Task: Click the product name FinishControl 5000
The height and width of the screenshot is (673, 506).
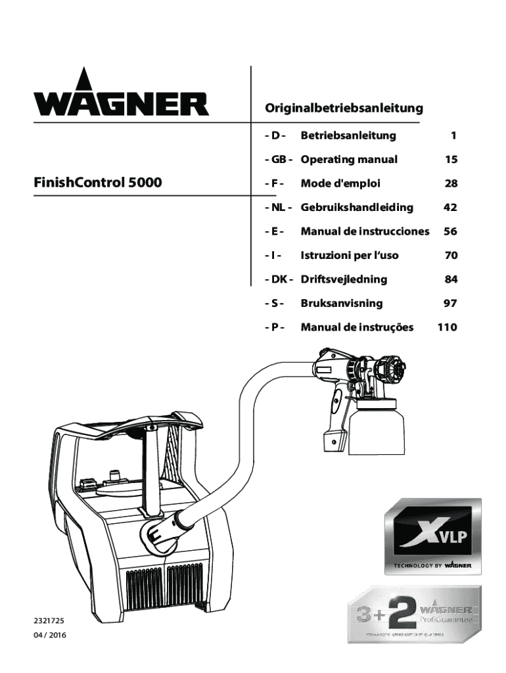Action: click(97, 183)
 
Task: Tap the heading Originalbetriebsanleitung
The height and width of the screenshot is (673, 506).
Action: click(343, 107)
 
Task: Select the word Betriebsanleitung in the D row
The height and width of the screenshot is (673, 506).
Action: click(348, 136)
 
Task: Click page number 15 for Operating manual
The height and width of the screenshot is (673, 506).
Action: click(451, 160)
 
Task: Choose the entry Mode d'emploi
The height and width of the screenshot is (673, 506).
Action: click(340, 183)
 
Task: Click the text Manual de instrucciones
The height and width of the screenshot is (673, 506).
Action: click(365, 231)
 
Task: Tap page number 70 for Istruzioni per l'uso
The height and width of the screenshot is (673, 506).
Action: click(451, 255)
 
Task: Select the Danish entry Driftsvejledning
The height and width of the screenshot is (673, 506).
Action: click(344, 279)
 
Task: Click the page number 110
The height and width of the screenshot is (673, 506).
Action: click(447, 327)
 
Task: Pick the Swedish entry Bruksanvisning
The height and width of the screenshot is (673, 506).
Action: click(342, 304)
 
